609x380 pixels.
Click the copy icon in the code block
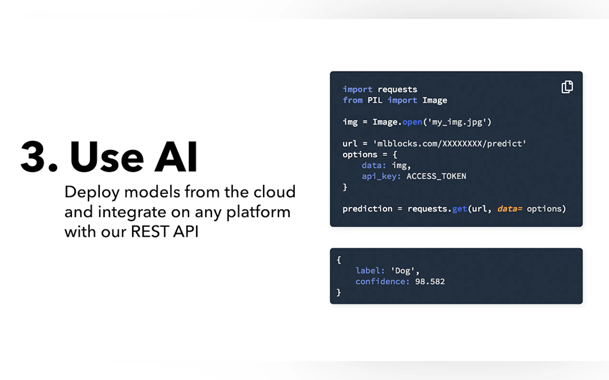pos(567,87)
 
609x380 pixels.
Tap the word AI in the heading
pos(176,156)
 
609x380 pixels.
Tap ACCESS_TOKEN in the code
pos(436,176)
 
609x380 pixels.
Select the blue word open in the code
pos(412,122)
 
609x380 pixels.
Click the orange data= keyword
pos(510,209)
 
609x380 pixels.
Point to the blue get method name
pos(460,209)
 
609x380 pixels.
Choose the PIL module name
pos(375,100)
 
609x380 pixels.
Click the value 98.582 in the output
pos(430,281)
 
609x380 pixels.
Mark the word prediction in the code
pos(367,209)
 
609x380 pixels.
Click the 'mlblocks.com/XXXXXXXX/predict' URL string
pos(449,144)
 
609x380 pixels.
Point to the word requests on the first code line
pos(398,90)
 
